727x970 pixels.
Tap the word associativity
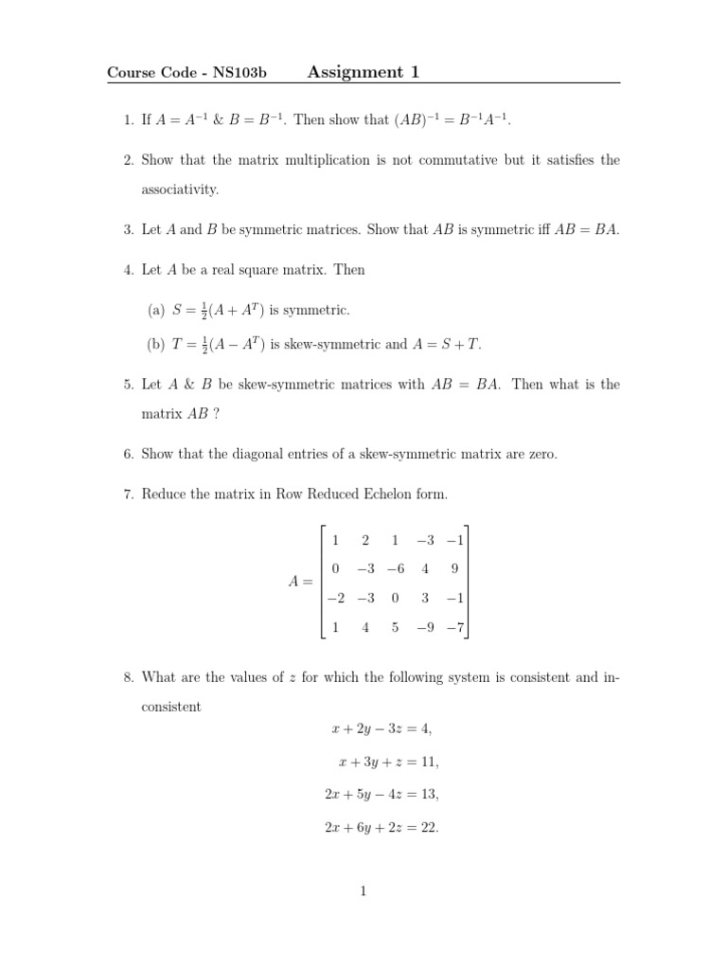coord(180,189)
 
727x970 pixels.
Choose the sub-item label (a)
coord(156,310)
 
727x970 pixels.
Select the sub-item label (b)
coord(156,345)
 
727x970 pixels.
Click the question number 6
coord(128,454)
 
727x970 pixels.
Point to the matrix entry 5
coord(395,626)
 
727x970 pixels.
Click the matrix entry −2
coord(335,598)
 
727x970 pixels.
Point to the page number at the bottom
coord(363,891)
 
